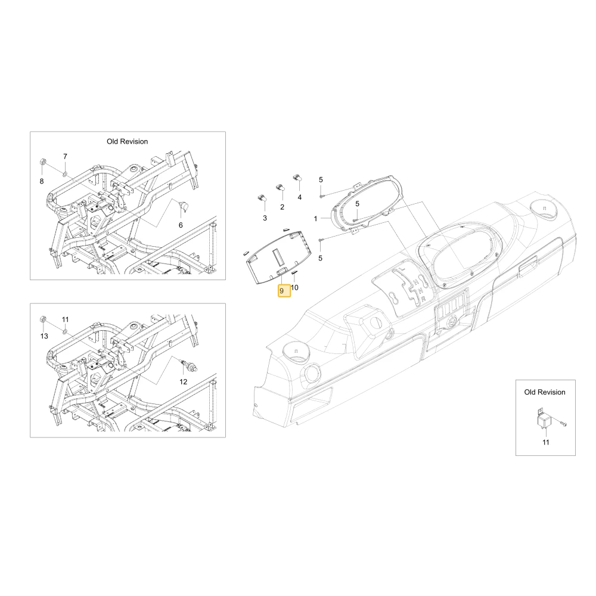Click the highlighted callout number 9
pos(284,291)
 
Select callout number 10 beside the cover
pos(294,288)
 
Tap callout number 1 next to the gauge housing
pos(315,219)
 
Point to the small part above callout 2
pos(280,187)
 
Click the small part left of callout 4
pos(297,178)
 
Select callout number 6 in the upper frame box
pos(181,225)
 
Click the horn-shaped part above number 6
pos(184,207)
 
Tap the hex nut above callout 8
pos(42,163)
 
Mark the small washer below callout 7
pos(65,174)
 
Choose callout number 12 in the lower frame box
pos(183,381)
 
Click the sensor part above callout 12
pos(190,365)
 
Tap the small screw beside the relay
pos(563,423)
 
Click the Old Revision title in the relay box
pos(545,392)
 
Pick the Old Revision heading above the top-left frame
pos(128,141)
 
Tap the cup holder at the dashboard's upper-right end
pos(544,210)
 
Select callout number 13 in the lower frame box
pos(44,336)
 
